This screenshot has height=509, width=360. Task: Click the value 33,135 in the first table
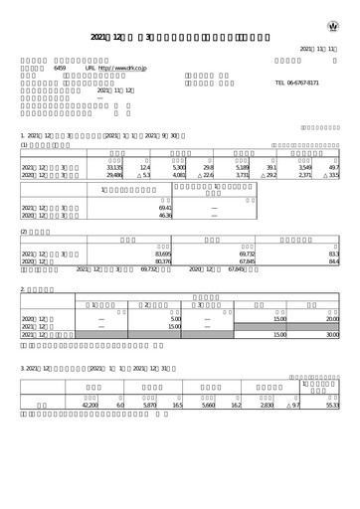tap(114, 168)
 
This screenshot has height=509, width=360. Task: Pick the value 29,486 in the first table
tap(114, 176)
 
